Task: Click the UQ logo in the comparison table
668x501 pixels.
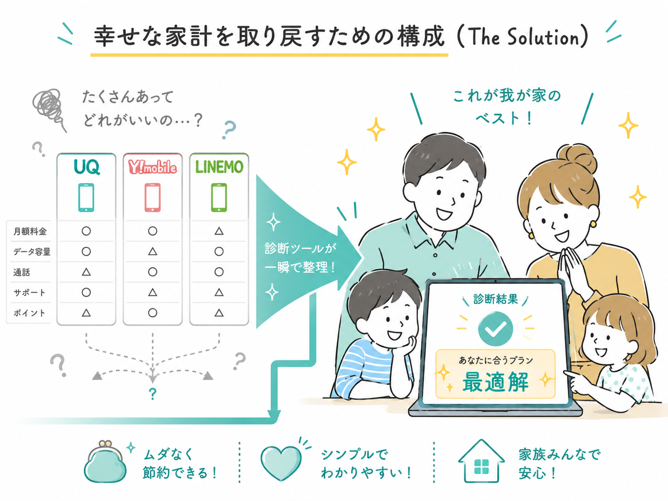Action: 87,167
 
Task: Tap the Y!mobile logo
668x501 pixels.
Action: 153,167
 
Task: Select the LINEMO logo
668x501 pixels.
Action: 219,167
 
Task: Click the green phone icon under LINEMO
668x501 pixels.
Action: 219,197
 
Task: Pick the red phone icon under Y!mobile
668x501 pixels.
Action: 153,197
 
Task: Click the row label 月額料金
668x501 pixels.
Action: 30,232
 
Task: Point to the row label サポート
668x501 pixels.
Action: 29,292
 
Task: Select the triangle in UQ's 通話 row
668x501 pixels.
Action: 86,272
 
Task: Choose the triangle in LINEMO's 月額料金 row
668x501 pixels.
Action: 219,231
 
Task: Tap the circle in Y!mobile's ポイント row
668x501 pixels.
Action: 153,313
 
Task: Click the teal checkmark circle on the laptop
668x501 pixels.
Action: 495,328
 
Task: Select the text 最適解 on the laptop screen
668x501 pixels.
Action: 495,382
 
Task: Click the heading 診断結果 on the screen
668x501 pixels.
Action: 495,299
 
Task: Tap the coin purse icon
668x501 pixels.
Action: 105,462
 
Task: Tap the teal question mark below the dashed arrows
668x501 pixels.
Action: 153,394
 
